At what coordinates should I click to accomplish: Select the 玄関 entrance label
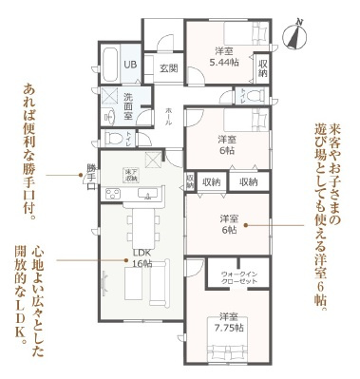coord(168,67)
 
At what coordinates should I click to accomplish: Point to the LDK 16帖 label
coord(142,258)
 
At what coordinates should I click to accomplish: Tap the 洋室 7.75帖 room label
coord(228,322)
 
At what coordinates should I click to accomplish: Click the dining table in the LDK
coord(142,229)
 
